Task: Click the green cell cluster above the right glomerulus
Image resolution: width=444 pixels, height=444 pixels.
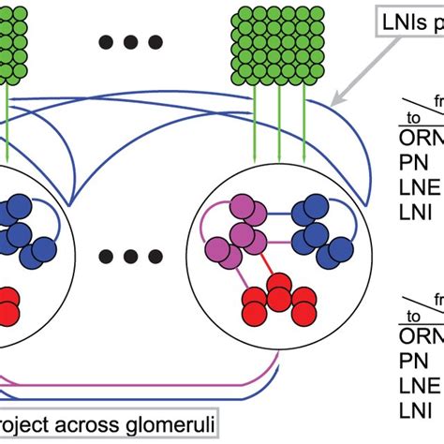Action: pyautogui.click(x=278, y=41)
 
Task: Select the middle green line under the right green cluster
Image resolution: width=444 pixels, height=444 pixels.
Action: pyautogui.click(x=279, y=117)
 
